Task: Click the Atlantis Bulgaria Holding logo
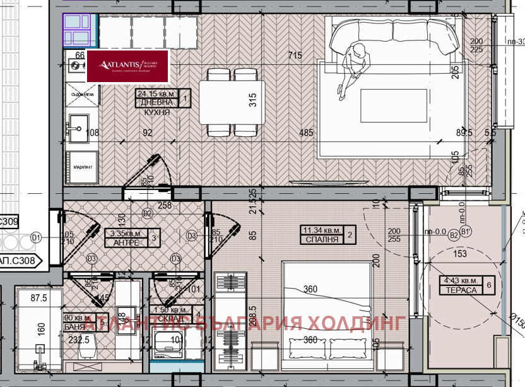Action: click(x=129, y=66)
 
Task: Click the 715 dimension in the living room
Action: click(x=295, y=56)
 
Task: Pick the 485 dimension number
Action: click(x=306, y=133)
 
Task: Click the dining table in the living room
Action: click(x=232, y=102)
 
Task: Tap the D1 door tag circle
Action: click(x=36, y=237)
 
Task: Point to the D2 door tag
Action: click(x=148, y=213)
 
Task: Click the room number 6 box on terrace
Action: click(x=490, y=286)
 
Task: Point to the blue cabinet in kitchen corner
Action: click(x=80, y=28)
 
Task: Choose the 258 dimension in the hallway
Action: click(x=164, y=205)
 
